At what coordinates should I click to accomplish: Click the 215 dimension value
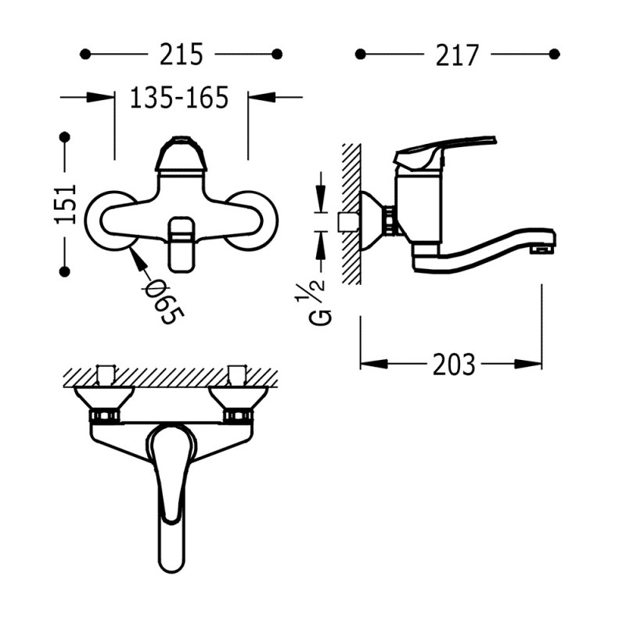tap(182, 54)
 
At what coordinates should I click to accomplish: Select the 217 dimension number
tap(457, 55)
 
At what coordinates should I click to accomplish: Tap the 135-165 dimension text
tap(179, 97)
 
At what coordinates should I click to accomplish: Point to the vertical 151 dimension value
tap(65, 204)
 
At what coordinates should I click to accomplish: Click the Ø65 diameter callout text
tap(164, 300)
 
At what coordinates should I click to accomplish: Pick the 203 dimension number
tap(454, 364)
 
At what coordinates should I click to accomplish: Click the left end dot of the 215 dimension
tap(85, 54)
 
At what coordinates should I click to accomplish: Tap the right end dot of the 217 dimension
tap(554, 54)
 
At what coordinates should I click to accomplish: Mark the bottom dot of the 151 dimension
tap(65, 272)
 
